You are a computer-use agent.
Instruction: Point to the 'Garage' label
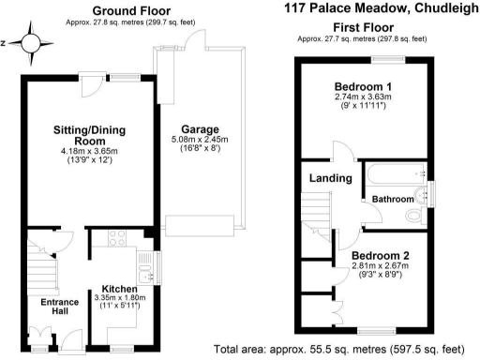click(199, 129)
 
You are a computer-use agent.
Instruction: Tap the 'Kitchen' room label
click(119, 288)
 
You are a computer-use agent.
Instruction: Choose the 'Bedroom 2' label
click(381, 255)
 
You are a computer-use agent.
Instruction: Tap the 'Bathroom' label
click(392, 199)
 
